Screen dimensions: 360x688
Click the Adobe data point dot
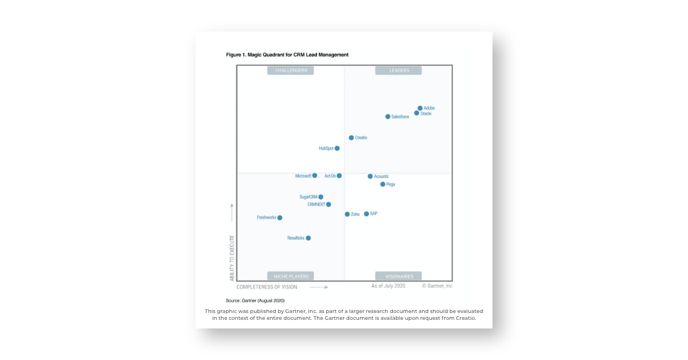(x=420, y=108)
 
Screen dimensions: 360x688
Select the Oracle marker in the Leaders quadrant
(x=417, y=113)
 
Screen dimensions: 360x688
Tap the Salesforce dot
(x=388, y=116)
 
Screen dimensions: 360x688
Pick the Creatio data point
(x=351, y=138)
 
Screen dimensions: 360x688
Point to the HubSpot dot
(x=337, y=148)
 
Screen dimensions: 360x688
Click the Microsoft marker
(x=315, y=175)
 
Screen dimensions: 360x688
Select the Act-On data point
(x=339, y=175)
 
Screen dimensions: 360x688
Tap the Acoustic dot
(x=370, y=177)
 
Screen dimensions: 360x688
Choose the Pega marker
(x=383, y=185)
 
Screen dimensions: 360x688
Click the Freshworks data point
(x=280, y=218)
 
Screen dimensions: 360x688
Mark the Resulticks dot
(x=308, y=238)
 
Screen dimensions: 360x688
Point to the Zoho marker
(x=347, y=214)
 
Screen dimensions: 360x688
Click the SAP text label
(x=374, y=214)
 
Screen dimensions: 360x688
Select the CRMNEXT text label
(x=316, y=204)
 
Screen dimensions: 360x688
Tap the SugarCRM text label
(x=308, y=197)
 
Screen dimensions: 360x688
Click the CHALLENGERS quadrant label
(x=291, y=71)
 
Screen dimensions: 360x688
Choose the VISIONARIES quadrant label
(x=398, y=276)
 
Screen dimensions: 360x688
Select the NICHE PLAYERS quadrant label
(x=291, y=276)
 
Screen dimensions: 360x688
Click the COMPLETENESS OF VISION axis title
(x=267, y=287)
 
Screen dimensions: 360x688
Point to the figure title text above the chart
(x=287, y=55)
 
